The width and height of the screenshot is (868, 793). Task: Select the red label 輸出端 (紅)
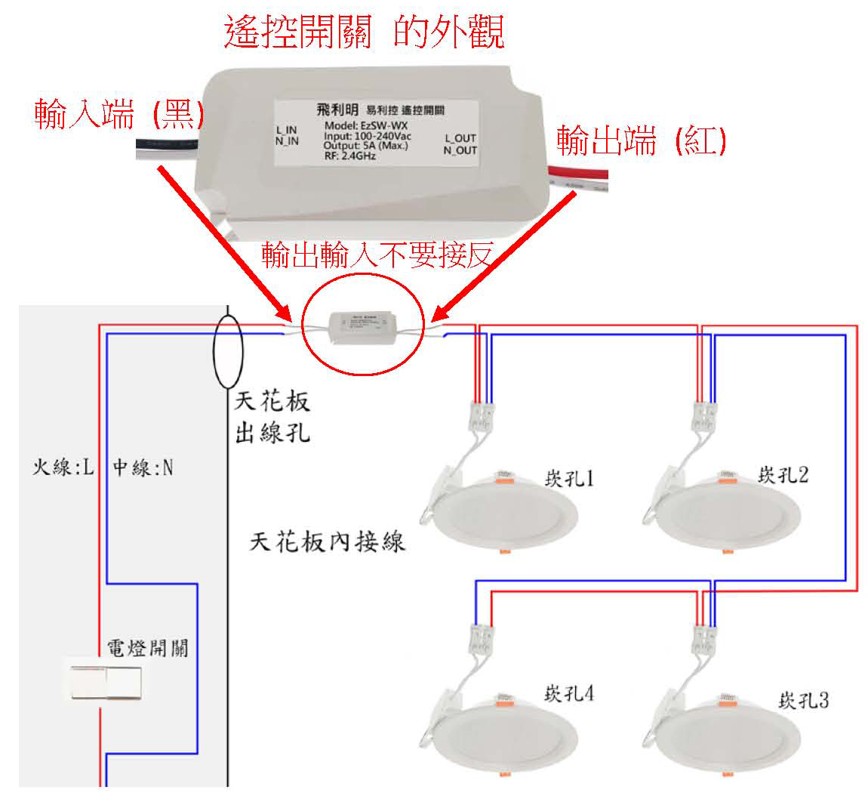[x=641, y=140]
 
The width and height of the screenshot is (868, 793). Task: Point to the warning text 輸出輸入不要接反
[x=377, y=256]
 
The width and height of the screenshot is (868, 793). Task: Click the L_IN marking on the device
[x=287, y=131]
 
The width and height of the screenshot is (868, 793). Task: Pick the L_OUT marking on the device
[x=460, y=138]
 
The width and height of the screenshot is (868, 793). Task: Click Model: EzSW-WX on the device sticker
[x=366, y=125]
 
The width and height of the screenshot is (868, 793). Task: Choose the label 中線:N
[x=143, y=468]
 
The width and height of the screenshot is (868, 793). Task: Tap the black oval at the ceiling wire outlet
[x=228, y=352]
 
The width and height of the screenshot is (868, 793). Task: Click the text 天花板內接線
[x=328, y=542]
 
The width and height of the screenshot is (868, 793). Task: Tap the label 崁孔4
[x=568, y=693]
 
